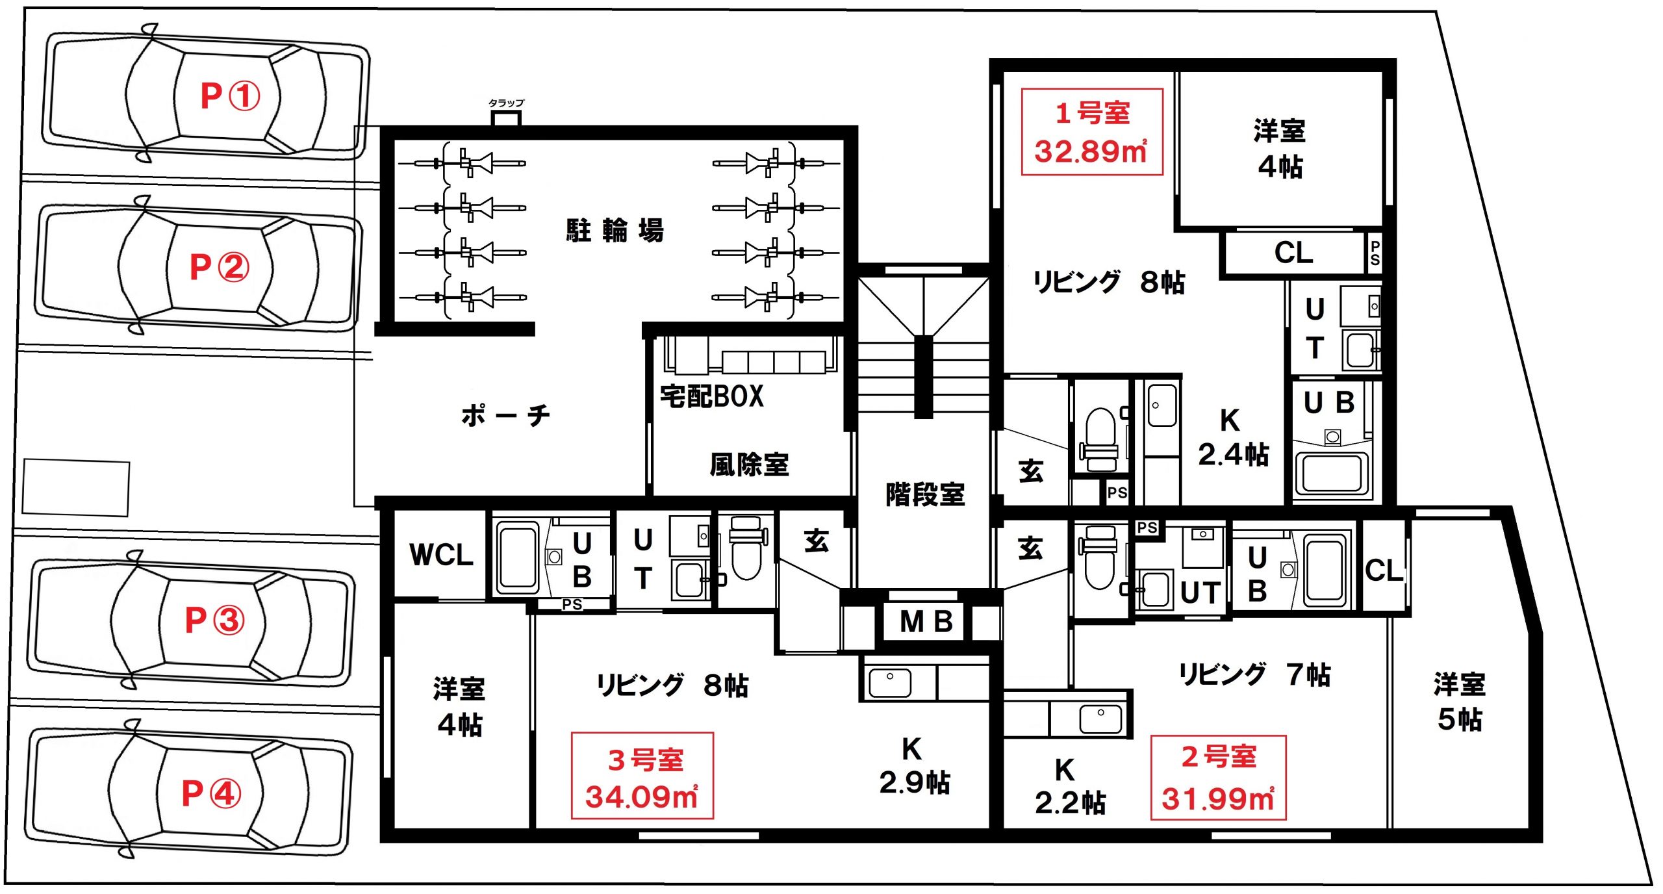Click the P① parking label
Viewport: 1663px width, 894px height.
230,96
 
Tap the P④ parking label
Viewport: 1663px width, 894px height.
211,793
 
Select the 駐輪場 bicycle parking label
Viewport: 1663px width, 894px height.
615,231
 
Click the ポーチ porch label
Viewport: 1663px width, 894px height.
505,415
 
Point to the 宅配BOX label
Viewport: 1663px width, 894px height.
712,396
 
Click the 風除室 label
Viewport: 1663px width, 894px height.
749,465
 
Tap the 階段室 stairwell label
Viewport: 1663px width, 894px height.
925,494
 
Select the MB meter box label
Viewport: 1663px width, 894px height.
926,622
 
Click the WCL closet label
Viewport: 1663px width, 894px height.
441,555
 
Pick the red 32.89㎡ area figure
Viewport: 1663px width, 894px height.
1091,151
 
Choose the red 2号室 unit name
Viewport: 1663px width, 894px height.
1219,757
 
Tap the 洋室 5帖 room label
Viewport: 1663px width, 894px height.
1460,702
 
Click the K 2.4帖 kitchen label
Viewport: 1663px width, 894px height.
1233,437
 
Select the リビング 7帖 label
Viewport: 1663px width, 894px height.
1254,674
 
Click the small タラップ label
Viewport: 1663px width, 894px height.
506,103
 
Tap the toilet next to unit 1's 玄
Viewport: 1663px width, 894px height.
1101,439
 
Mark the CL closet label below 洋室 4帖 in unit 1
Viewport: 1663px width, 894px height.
1293,253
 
